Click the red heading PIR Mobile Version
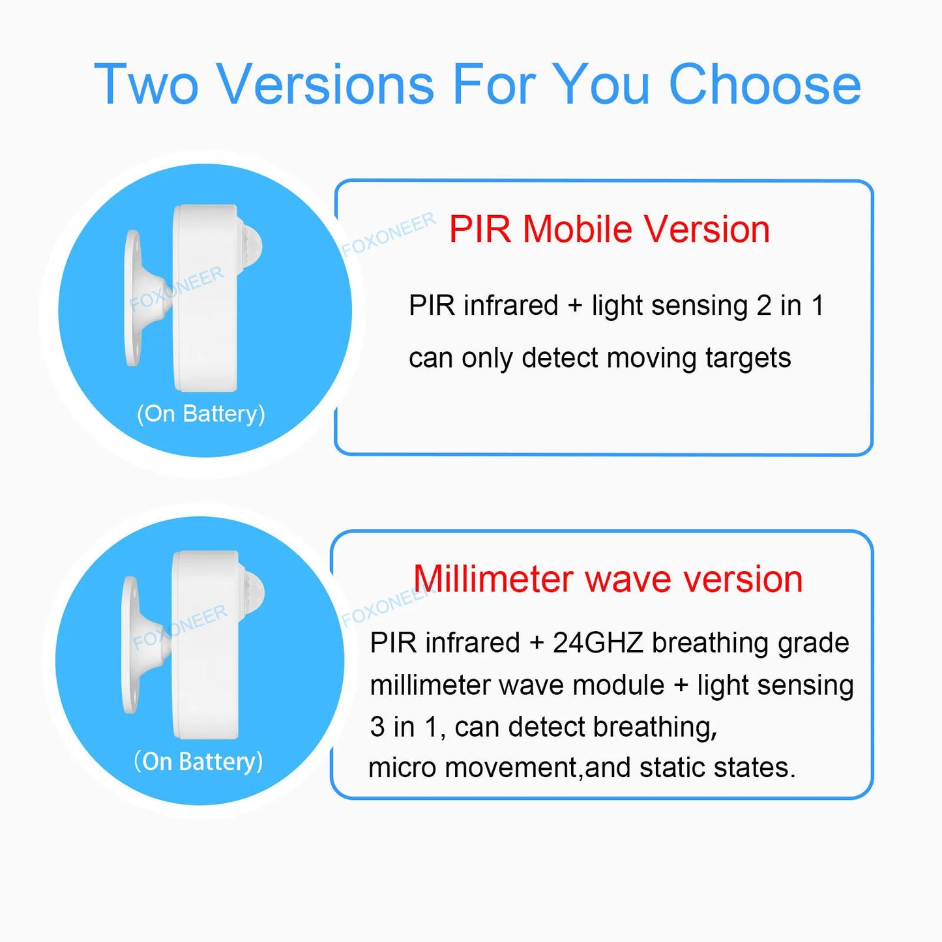pos(609,229)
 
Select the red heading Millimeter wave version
pos(608,579)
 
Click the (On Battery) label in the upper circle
pos(201,414)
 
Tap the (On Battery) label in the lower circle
pos(198,761)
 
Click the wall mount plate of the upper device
pos(134,298)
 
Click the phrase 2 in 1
pos(790,306)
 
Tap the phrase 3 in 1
pos(404,727)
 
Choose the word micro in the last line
pos(402,768)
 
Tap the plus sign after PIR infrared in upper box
pos(575,306)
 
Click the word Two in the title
pos(146,85)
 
